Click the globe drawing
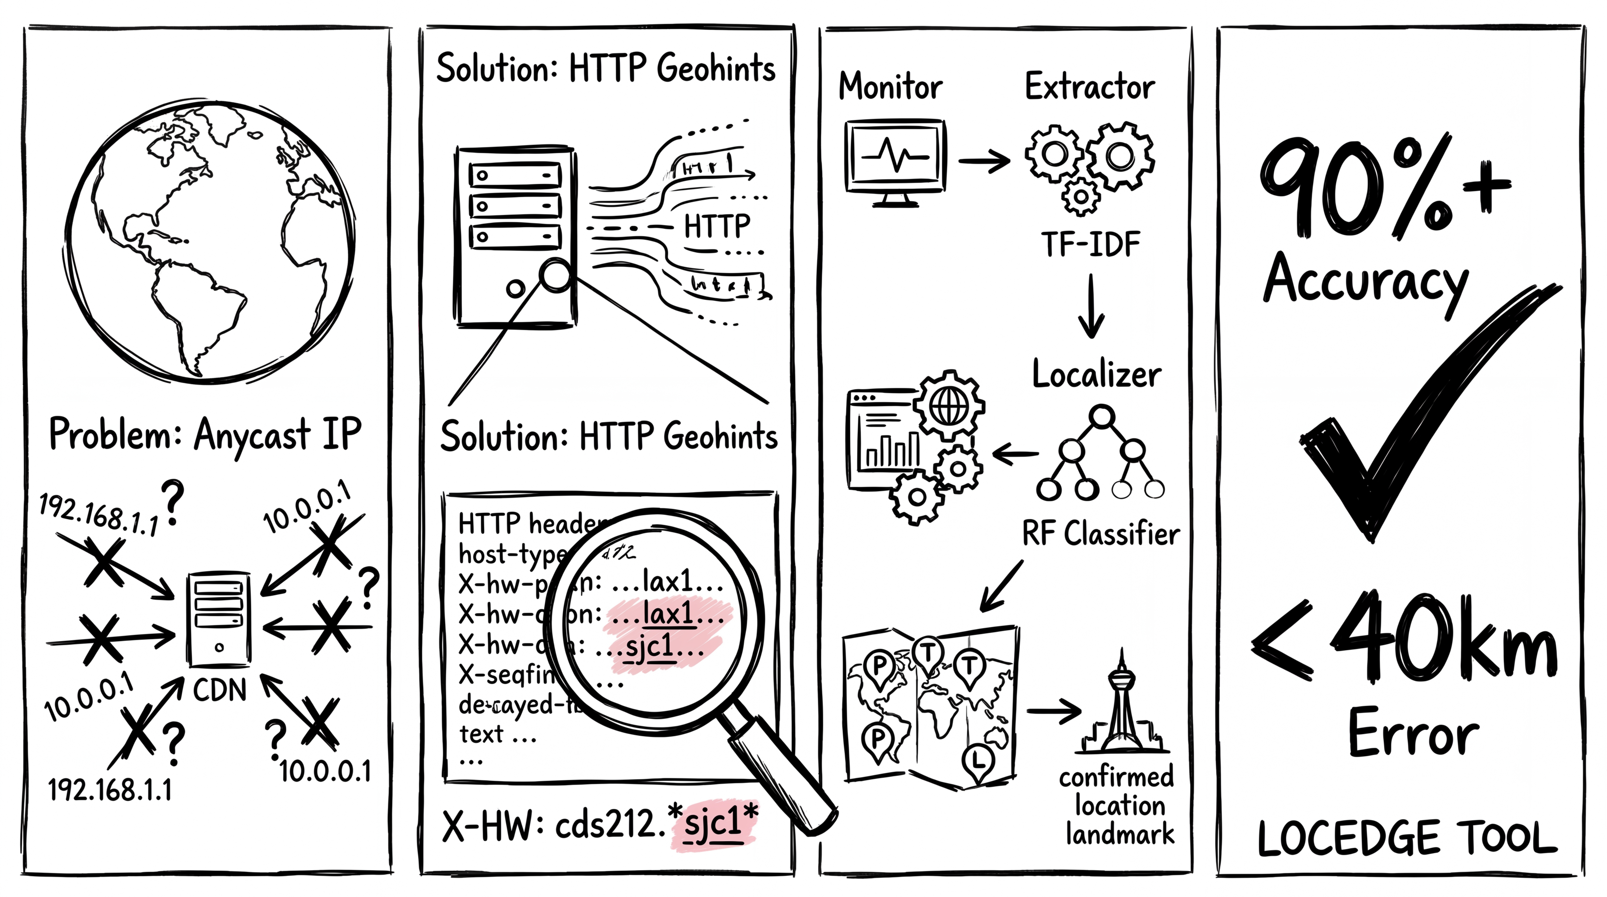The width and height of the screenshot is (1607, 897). [209, 243]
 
